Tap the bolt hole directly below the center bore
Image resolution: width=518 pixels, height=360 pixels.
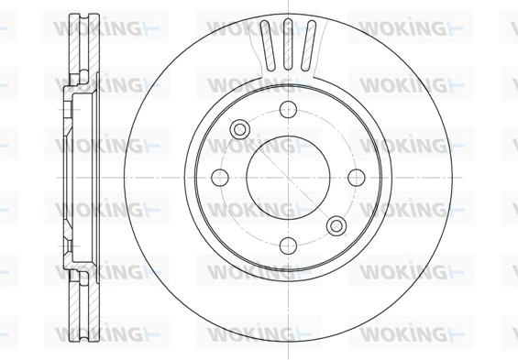click(287, 244)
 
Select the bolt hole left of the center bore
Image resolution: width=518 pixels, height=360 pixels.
click(220, 178)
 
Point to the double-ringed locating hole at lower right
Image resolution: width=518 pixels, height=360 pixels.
click(336, 224)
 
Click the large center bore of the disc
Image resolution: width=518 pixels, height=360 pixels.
click(287, 178)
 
